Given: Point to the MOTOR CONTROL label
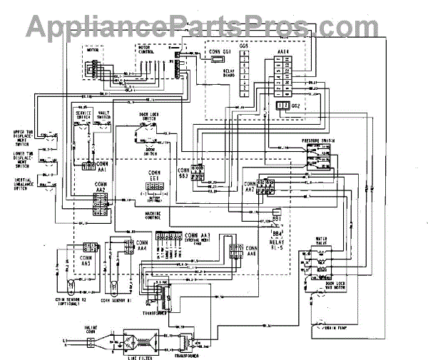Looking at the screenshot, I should pos(146,51).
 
